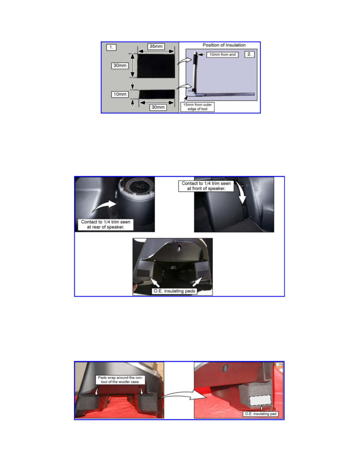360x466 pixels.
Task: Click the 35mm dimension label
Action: pos(156,46)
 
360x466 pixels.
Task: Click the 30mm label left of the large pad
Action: pos(120,66)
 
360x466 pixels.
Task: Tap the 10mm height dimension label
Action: pos(120,94)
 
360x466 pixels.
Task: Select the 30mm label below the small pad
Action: pos(158,107)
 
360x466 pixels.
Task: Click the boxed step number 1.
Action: pos(111,47)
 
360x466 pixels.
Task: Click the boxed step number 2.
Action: pos(249,54)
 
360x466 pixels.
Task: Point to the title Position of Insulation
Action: pos(224,45)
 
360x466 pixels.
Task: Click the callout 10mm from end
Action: pos(222,55)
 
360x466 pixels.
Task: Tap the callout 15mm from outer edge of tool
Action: pos(198,107)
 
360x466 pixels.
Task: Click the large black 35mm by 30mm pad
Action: pos(156,66)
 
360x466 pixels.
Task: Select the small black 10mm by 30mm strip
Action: pos(157,94)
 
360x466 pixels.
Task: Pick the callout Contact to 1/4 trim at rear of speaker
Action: pos(106,224)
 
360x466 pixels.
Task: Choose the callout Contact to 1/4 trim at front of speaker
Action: pos(206,186)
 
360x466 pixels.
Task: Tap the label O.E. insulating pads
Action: pos(175,291)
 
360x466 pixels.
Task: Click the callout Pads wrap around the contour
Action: pos(120,380)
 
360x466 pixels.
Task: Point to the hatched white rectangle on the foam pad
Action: pos(260,400)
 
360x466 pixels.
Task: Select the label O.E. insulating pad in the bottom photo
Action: pos(261,414)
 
